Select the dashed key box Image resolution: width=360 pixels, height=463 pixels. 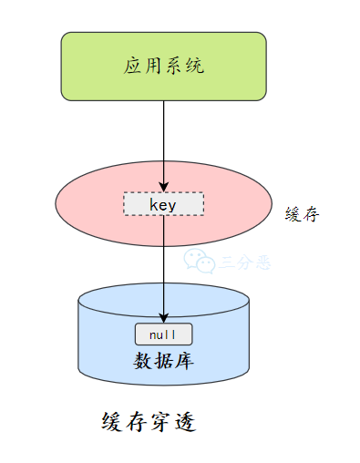click(x=164, y=205)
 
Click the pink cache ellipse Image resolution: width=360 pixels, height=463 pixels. click(x=91, y=205)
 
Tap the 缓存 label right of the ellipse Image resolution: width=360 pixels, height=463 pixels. click(x=302, y=213)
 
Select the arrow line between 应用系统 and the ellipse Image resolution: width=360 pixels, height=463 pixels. click(x=164, y=137)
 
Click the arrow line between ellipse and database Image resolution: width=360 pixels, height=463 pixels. click(x=164, y=264)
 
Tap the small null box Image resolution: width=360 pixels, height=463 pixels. click(x=164, y=334)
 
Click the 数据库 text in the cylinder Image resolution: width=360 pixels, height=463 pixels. click(x=164, y=360)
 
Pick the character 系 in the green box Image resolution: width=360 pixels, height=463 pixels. click(x=174, y=67)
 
